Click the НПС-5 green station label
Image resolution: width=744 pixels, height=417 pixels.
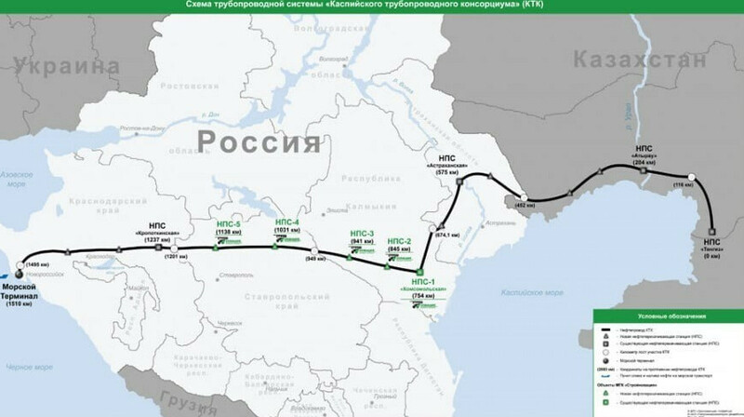coord(224,225)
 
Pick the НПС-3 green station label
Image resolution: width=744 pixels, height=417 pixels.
coord(361,233)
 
